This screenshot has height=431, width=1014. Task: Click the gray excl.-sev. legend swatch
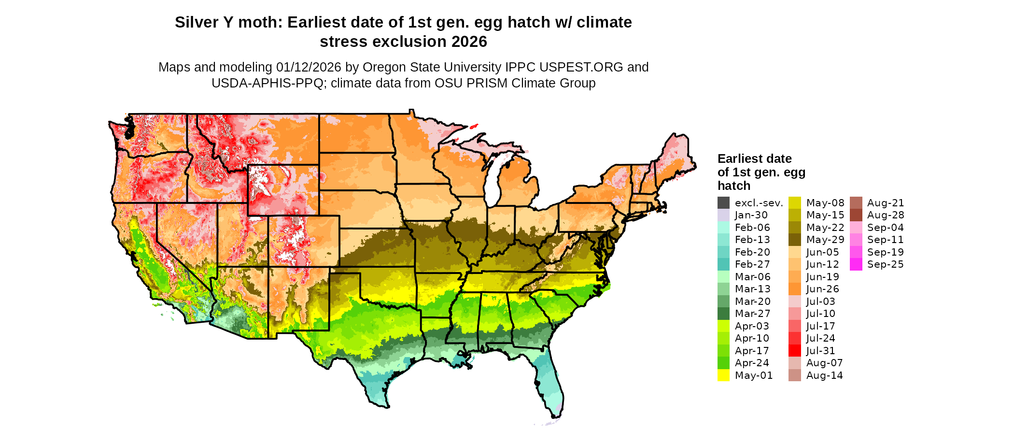pyautogui.click(x=723, y=203)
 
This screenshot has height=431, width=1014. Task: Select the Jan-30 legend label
pyautogui.click(x=751, y=215)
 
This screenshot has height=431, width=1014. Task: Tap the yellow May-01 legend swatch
pyautogui.click(x=723, y=375)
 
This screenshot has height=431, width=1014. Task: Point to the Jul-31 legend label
pyautogui.click(x=820, y=351)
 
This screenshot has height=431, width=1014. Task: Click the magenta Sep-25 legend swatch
pyautogui.click(x=856, y=264)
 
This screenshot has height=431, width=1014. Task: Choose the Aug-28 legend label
pyautogui.click(x=885, y=215)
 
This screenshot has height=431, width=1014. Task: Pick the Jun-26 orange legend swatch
pyautogui.click(x=795, y=289)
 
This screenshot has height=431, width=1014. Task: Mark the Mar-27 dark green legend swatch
pyautogui.click(x=723, y=314)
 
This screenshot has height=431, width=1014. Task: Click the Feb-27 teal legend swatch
pyautogui.click(x=723, y=264)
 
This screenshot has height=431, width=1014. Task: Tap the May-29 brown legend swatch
pyautogui.click(x=795, y=240)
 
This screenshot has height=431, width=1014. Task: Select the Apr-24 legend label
pyautogui.click(x=752, y=363)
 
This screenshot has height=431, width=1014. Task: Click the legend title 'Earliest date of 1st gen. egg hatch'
pyautogui.click(x=761, y=172)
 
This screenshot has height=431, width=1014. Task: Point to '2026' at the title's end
pyautogui.click(x=469, y=42)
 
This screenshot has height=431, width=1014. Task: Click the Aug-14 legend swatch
pyautogui.click(x=795, y=375)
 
